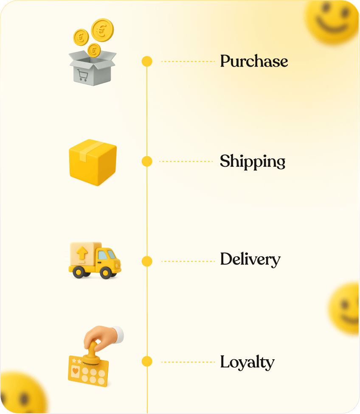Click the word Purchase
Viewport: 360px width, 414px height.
tap(254, 62)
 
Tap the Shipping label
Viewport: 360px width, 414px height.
tap(252, 162)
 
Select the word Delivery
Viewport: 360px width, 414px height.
tap(250, 260)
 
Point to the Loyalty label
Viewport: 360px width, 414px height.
tap(247, 362)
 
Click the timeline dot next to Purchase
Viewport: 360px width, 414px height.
tap(147, 62)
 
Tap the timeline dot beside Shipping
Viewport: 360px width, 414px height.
tap(147, 161)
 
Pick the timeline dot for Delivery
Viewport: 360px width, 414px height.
tap(147, 261)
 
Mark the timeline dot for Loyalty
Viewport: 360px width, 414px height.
tap(147, 361)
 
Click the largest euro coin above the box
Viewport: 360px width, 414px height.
tap(103, 30)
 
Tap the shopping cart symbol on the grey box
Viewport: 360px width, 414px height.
tap(82, 75)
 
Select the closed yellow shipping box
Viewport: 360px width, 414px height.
tap(93, 162)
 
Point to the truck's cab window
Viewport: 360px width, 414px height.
tap(106, 255)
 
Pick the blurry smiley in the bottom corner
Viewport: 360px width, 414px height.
tap(21, 394)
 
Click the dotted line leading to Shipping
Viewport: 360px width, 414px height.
tap(186, 161)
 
